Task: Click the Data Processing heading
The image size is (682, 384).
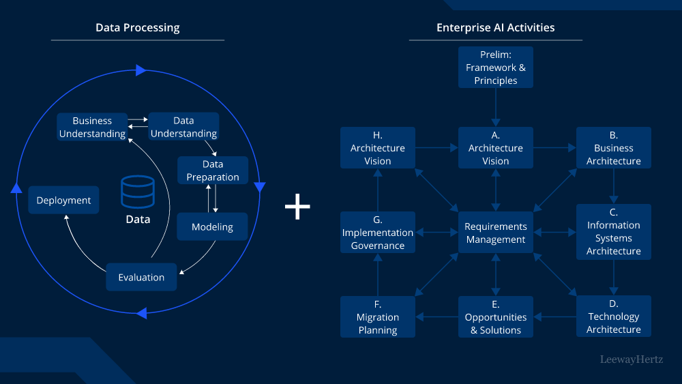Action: [x=137, y=28]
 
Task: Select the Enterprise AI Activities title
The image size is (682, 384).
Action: [x=495, y=28]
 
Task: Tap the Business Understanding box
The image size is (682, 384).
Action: [x=92, y=128]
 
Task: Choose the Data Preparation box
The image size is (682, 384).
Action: [x=213, y=171]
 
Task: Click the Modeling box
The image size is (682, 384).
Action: [x=212, y=227]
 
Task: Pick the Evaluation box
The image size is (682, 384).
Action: [x=141, y=278]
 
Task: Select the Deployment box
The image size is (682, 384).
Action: [x=63, y=201]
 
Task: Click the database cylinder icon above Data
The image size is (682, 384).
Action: [x=137, y=192]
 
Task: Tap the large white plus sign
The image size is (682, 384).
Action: [x=297, y=206]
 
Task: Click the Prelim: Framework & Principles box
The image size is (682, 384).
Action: [x=496, y=68]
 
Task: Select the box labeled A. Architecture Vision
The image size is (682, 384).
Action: [x=496, y=148]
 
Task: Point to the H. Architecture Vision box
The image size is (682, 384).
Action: [x=378, y=148]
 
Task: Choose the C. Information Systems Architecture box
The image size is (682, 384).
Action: [x=614, y=232]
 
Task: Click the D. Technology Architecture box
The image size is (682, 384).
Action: [x=614, y=316]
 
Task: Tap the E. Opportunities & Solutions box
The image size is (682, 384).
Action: [x=496, y=317]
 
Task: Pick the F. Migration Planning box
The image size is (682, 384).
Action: [x=378, y=317]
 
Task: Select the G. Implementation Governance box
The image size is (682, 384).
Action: [x=378, y=233]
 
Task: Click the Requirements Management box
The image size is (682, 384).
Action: [x=496, y=233]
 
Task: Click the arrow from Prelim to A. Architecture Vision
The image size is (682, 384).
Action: [x=496, y=107]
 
